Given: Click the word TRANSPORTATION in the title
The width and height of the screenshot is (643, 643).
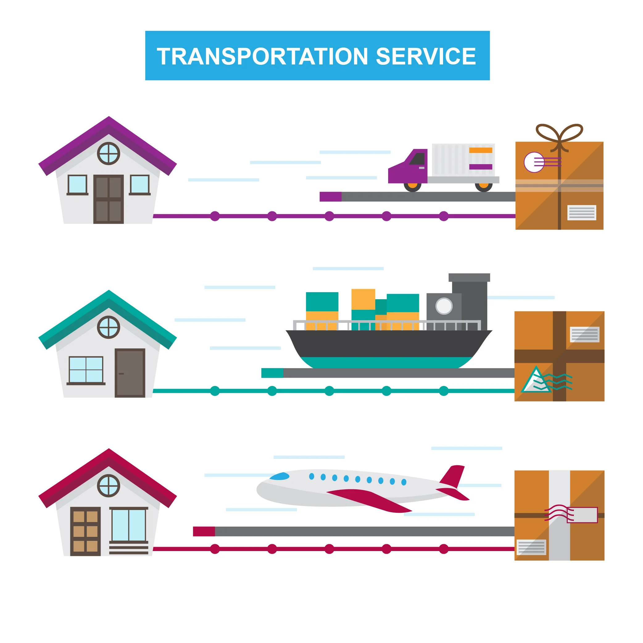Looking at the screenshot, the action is click(262, 56).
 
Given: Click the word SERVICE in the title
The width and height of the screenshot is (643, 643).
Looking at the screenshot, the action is click(426, 56).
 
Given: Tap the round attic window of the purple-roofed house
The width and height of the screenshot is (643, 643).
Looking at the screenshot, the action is click(109, 153).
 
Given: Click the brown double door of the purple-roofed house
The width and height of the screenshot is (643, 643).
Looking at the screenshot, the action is click(109, 199).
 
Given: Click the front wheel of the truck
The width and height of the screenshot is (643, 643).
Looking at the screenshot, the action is click(412, 185).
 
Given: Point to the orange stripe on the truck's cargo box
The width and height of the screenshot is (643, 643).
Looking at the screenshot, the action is click(480, 150).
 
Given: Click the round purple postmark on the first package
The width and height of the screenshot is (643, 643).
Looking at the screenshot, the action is click(534, 162).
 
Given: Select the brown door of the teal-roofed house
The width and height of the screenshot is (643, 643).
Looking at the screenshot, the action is click(130, 373).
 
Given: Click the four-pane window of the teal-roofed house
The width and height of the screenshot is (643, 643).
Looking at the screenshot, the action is click(86, 369).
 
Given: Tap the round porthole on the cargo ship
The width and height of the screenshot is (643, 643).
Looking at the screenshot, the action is click(444, 306).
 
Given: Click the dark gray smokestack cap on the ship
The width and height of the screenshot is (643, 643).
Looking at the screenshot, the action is click(469, 278).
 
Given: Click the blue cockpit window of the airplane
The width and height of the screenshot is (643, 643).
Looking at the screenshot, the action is click(280, 476).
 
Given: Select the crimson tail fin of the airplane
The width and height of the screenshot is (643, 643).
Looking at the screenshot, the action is click(453, 476).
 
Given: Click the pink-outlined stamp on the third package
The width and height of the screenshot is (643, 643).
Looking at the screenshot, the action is click(582, 515).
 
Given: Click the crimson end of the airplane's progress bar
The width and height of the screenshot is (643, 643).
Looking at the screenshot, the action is click(204, 532).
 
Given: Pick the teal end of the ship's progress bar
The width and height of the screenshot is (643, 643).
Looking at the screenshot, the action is click(272, 373).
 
